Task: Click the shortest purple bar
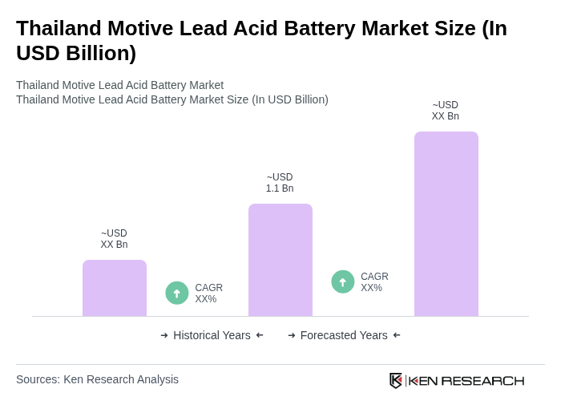[x=115, y=288]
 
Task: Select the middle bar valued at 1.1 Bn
[x=280, y=260]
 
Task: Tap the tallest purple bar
[x=446, y=224]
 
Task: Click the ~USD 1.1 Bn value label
[x=280, y=183]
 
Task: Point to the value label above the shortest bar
[x=114, y=239]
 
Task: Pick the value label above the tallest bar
[x=446, y=111]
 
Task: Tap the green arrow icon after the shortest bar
[x=177, y=293]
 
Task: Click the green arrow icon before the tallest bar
[x=343, y=281]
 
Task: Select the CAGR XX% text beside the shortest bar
[x=208, y=294]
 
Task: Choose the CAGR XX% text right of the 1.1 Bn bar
[x=374, y=282]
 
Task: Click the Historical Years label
[x=212, y=335]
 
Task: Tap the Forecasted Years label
[x=344, y=335]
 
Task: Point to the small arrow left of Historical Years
[x=164, y=335]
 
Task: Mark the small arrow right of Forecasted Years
[x=397, y=335]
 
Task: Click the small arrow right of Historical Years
[x=260, y=335]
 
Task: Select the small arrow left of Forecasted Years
[x=292, y=335]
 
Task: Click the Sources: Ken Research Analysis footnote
[x=97, y=379]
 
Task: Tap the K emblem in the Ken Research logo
[x=396, y=380]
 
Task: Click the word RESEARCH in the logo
[x=482, y=380]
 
